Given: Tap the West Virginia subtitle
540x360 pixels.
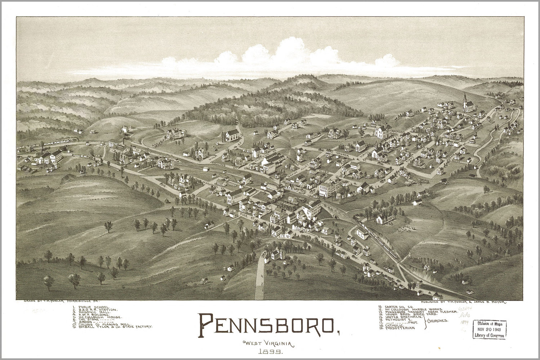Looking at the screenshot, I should click(x=269, y=343).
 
